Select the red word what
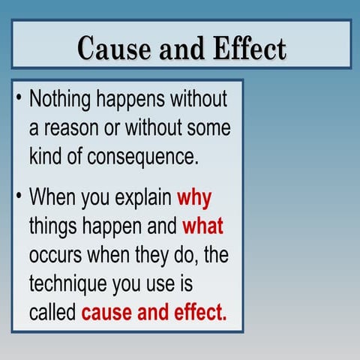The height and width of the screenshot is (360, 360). pos(202,226)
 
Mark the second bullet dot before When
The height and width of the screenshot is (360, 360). pos(18,196)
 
